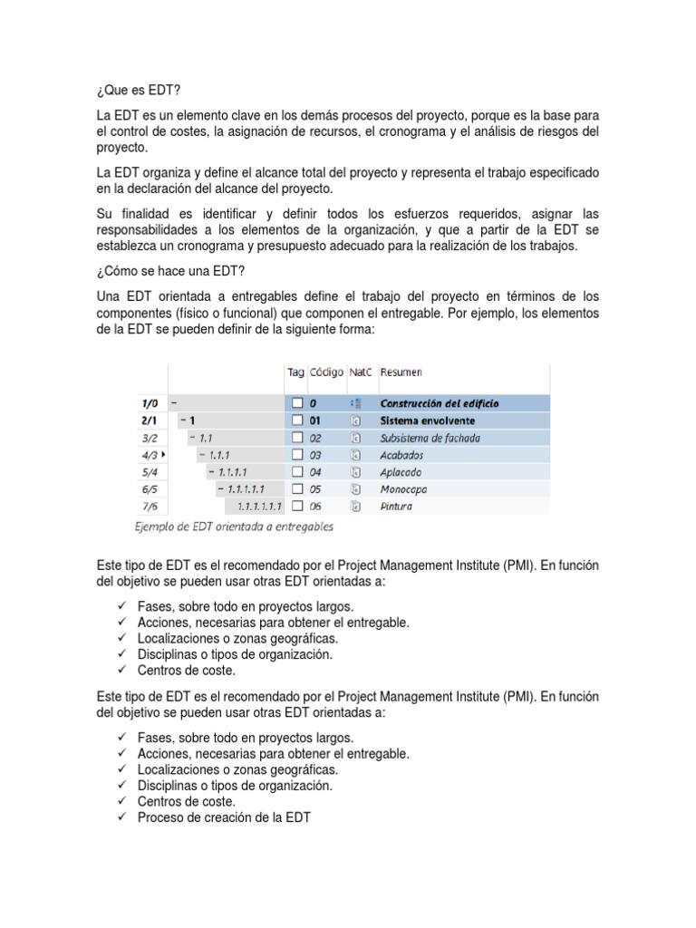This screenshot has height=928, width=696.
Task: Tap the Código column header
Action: (x=326, y=372)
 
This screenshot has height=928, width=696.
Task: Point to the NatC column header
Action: (x=361, y=372)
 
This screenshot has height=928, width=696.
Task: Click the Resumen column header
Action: (x=401, y=372)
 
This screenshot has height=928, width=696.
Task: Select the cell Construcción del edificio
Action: (x=439, y=403)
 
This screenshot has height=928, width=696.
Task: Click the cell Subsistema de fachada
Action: (x=430, y=438)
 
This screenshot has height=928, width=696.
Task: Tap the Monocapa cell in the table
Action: (x=404, y=489)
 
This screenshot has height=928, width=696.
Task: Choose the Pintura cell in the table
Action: (x=397, y=507)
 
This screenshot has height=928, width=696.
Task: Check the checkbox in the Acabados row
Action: (x=295, y=455)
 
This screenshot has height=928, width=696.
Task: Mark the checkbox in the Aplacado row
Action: (x=295, y=472)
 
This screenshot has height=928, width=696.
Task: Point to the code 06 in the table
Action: (x=316, y=507)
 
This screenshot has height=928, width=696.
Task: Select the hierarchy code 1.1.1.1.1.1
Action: (x=259, y=507)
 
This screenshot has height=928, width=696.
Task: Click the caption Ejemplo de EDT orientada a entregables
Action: (x=234, y=527)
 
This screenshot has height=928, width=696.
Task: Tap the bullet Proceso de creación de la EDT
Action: (x=224, y=818)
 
